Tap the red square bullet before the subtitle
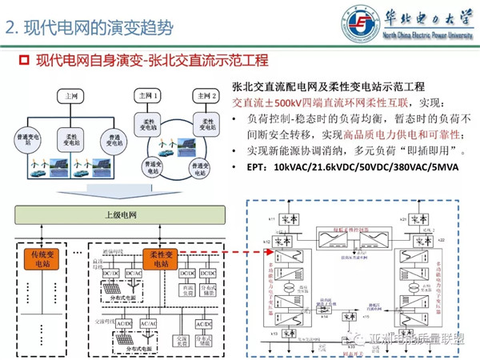point(23,62)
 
